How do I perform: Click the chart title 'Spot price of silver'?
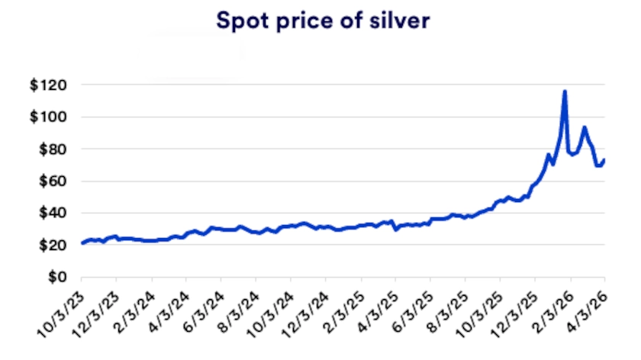pyautogui.click(x=323, y=21)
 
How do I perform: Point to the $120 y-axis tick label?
pyautogui.click(x=47, y=85)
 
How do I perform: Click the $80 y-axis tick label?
pyautogui.click(x=50, y=149)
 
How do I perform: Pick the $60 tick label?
pyautogui.click(x=50, y=181)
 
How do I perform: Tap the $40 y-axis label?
pyautogui.click(x=50, y=213)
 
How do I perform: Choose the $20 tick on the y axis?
pyautogui.click(x=50, y=245)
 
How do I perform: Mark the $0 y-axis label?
pyautogui.click(x=53, y=277)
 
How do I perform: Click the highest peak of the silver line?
pyautogui.click(x=565, y=92)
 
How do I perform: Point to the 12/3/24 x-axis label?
pyautogui.click(x=307, y=313)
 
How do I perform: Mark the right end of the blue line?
pyautogui.click(x=605, y=160)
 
